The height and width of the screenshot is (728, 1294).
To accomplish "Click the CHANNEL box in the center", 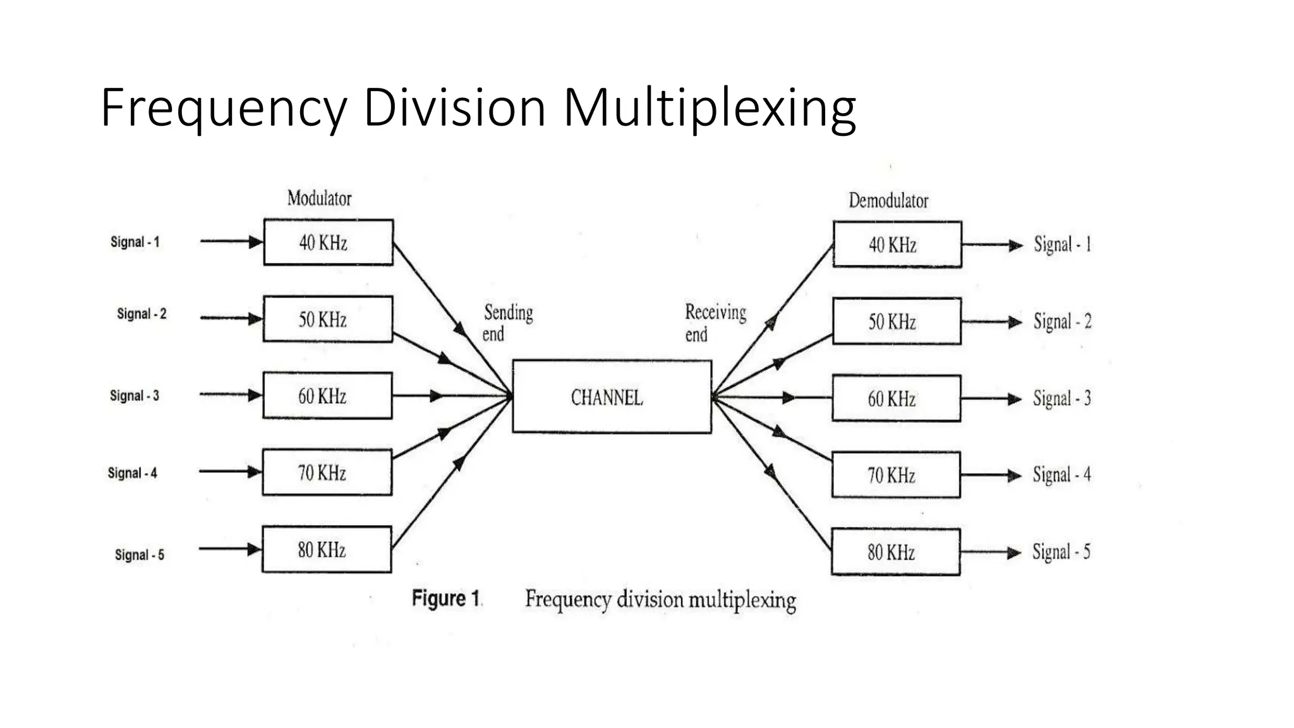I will pyautogui.click(x=611, y=396).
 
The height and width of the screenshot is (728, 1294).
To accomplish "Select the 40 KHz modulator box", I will pyautogui.click(x=328, y=242).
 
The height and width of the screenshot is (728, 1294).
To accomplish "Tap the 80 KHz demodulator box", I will pyautogui.click(x=895, y=552).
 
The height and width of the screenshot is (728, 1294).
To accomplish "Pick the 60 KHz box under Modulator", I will pyautogui.click(x=327, y=396).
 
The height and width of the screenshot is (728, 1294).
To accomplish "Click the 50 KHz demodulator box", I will pyautogui.click(x=897, y=321).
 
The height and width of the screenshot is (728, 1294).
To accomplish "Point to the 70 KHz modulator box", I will pyautogui.click(x=327, y=472).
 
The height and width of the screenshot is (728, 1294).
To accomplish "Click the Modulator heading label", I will pyautogui.click(x=319, y=198).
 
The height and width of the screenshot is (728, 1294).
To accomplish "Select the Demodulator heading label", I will pyautogui.click(x=888, y=201).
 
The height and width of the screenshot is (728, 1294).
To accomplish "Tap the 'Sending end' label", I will pyautogui.click(x=507, y=323).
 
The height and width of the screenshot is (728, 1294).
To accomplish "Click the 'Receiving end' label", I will pyautogui.click(x=714, y=323).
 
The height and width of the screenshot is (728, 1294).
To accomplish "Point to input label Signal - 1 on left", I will pyautogui.click(x=135, y=242).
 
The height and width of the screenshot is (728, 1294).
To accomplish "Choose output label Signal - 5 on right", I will pyautogui.click(x=1061, y=552).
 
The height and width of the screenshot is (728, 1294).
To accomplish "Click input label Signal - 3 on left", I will pyautogui.click(x=134, y=396).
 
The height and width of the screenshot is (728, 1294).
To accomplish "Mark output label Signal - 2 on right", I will pyautogui.click(x=1062, y=321).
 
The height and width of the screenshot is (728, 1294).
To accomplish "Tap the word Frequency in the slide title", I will pyautogui.click(x=223, y=109).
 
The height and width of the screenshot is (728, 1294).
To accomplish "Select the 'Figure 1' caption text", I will pyautogui.click(x=446, y=598).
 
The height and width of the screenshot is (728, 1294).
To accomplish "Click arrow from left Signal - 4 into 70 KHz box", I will pyautogui.click(x=230, y=471).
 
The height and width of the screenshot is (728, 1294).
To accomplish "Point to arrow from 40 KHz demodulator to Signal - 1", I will pyautogui.click(x=992, y=245).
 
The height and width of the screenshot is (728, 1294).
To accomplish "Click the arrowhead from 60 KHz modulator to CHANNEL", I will pyautogui.click(x=437, y=396).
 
